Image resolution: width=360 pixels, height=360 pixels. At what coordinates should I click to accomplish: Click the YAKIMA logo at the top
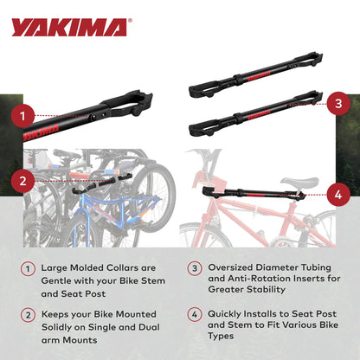[69, 27]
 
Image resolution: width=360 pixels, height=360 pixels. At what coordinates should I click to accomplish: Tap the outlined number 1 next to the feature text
[31, 271]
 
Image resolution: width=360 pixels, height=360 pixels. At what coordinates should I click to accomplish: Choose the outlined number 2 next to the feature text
[31, 315]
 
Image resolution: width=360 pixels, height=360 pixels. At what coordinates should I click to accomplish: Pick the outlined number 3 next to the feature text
[196, 271]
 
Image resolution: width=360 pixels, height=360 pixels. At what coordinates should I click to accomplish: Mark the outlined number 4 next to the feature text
[196, 315]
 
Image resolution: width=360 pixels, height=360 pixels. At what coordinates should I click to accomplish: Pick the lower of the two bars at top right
[252, 112]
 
